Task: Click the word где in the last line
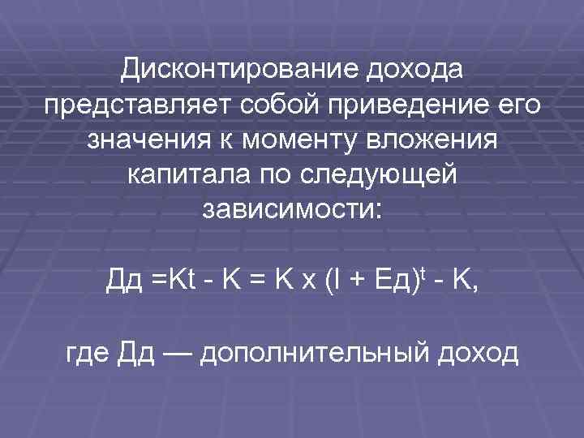[88, 354]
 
